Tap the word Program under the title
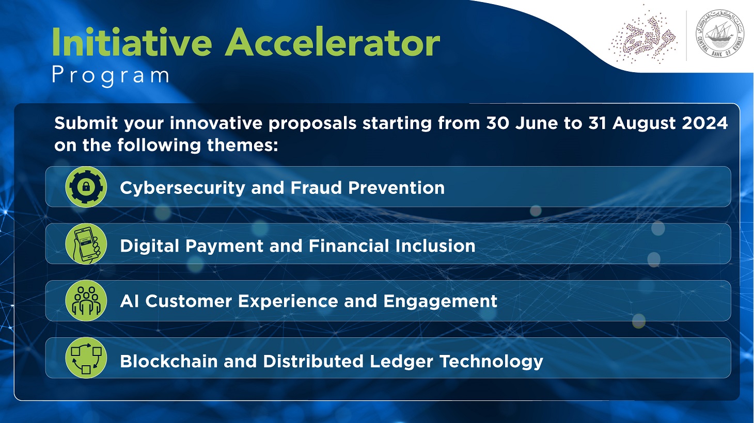(x=111, y=76)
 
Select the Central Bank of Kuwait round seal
(x=719, y=34)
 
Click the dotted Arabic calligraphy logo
(x=642, y=35)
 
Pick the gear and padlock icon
(x=86, y=187)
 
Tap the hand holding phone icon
(x=86, y=244)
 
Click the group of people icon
(x=86, y=301)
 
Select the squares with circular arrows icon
(x=86, y=358)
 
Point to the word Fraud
(x=317, y=188)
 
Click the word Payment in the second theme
(x=224, y=246)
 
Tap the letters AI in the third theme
(x=129, y=301)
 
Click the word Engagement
(x=440, y=302)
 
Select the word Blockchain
(x=168, y=361)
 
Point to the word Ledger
(x=401, y=362)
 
